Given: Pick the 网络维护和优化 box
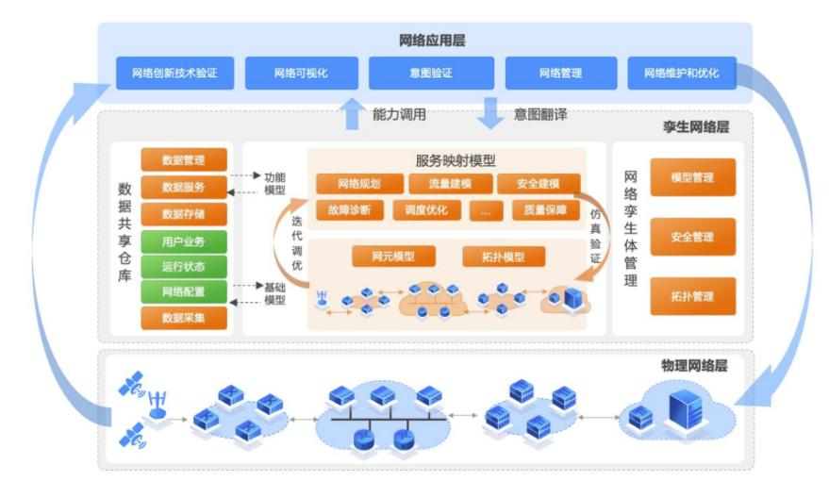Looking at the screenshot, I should coord(681,73).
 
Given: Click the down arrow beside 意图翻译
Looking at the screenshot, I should coord(490,113).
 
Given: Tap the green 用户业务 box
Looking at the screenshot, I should coord(184,240).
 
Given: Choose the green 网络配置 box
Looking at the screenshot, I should coord(184,292).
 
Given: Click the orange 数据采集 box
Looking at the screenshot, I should coord(184,319).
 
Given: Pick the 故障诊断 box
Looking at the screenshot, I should coord(350,210).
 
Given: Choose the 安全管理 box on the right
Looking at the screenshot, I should coord(692,237).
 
